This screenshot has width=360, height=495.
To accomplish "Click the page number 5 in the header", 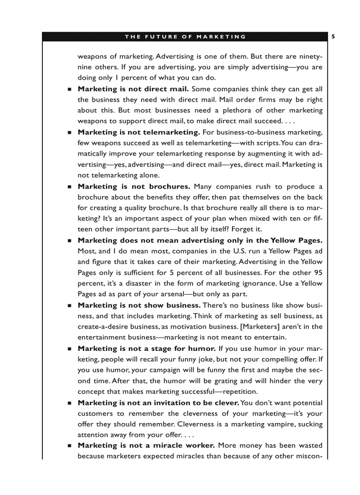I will pos(333,37).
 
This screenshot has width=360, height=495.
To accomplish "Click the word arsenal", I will pos(170,294).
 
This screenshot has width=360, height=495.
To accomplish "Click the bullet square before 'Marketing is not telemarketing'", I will pos(70,132).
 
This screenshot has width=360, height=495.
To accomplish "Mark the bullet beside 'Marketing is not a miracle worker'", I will pos(70,446).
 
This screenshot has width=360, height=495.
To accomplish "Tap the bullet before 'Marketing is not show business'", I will pos(70,305).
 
